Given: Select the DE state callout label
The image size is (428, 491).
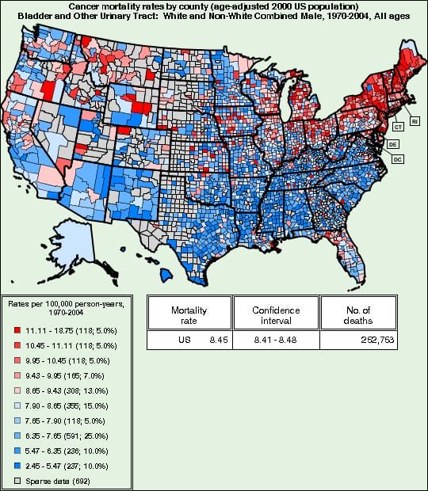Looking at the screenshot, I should click(392, 145).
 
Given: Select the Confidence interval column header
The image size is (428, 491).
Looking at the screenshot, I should click(272, 314).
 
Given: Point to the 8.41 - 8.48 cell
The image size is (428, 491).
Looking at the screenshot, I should click(272, 341).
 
